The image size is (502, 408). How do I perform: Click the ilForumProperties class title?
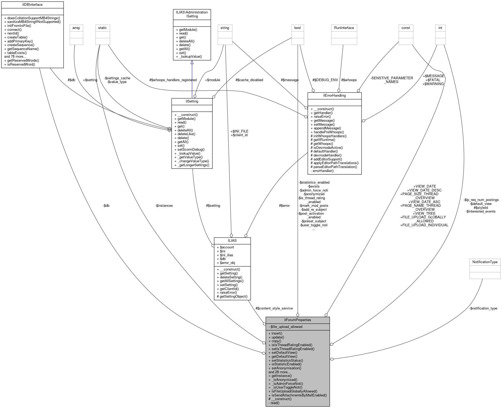[298, 320]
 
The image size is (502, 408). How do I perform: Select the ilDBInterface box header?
[32, 4]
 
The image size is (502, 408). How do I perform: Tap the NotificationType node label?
[485, 262]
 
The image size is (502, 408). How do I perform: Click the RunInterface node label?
[344, 28]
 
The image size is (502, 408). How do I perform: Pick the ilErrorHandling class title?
[334, 96]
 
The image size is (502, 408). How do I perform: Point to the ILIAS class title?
[232, 240]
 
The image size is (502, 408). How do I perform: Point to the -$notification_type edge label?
[483, 308]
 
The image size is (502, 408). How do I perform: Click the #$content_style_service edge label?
[274, 308]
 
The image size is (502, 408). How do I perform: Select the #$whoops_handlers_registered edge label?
[173, 80]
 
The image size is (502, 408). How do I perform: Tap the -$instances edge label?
[164, 205]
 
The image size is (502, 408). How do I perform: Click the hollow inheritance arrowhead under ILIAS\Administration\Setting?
[192, 62]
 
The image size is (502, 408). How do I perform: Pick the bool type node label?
[298, 28]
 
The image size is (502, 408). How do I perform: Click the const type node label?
[406, 28]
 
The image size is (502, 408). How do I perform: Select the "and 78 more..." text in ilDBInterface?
[15, 57]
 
